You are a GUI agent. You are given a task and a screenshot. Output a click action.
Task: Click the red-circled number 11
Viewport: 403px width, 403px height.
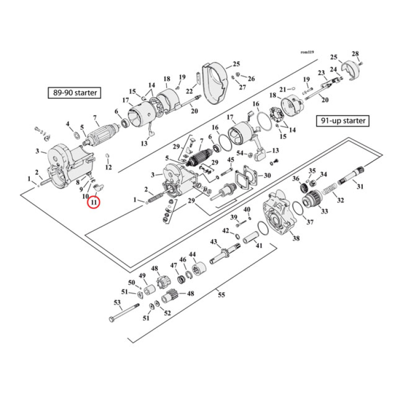click(x=94, y=203)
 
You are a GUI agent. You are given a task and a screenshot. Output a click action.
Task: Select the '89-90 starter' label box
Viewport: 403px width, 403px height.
click(x=74, y=93)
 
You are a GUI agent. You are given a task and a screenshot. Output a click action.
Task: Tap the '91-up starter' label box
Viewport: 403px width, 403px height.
click(x=343, y=121)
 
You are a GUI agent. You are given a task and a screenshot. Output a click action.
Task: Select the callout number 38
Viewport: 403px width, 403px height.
click(x=296, y=238)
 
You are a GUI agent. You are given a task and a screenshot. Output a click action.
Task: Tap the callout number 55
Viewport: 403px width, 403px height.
click(x=221, y=295)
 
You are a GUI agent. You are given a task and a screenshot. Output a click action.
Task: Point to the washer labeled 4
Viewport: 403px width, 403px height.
click(x=76, y=136)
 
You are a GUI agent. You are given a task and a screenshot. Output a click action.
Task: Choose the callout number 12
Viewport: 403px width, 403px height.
click(x=108, y=167)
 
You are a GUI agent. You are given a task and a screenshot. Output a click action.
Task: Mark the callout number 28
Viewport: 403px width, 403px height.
click(x=355, y=54)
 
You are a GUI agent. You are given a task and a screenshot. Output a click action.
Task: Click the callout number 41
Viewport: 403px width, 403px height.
click(x=259, y=246)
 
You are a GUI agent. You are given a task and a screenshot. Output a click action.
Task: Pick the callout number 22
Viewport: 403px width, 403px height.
click(x=189, y=91)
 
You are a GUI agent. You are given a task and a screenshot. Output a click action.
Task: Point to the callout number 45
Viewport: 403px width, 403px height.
click(x=231, y=160)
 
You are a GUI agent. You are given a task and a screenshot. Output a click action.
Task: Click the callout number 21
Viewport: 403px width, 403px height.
click(x=283, y=89)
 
